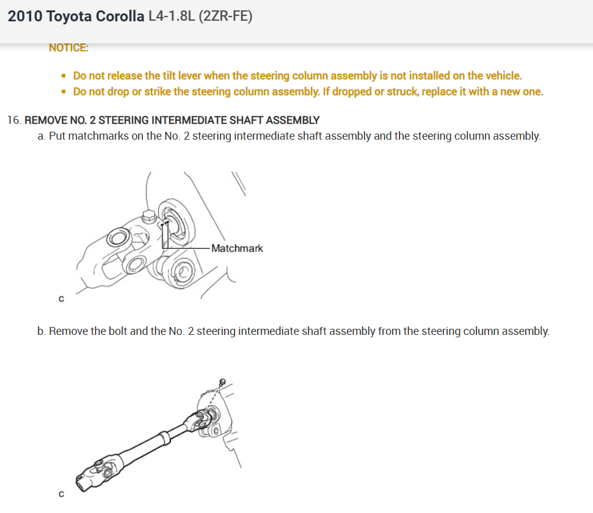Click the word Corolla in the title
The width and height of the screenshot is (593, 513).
point(120,16)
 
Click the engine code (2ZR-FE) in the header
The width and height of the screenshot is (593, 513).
point(225,16)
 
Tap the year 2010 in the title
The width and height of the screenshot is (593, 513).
point(25,16)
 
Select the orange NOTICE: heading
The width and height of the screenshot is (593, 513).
point(68,48)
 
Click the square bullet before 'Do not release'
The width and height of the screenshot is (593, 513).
point(64,76)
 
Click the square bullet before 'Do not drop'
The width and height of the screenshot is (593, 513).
point(64,91)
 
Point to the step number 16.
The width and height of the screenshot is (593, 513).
point(14,120)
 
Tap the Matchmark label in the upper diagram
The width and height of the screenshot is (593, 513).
point(237,248)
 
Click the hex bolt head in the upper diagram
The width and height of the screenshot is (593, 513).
point(149,217)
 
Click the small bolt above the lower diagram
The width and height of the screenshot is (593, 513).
point(222,382)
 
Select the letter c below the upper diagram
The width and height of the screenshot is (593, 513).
point(61,299)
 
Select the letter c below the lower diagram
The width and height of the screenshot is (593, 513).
point(61,494)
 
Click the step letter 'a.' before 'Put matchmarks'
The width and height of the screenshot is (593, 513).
point(42,136)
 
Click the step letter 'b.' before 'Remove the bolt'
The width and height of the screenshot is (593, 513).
point(42,331)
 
